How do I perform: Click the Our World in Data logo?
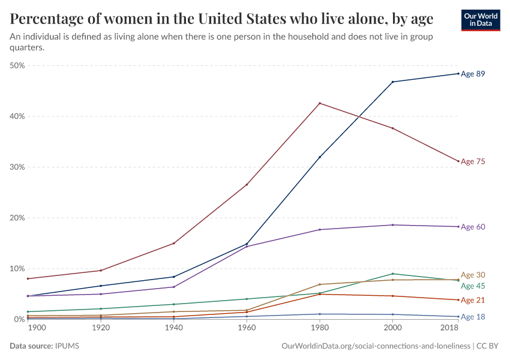[481, 20]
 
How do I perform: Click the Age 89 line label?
[473, 74]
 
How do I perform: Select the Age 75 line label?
[473, 161]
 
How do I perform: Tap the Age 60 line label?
[473, 227]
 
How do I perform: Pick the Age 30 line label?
[473, 275]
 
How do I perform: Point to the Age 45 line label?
[473, 286]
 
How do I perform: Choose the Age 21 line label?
[473, 300]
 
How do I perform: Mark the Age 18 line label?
[473, 317]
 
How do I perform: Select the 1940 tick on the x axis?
[173, 328]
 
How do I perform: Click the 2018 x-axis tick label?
[450, 328]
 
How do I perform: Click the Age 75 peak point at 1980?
[320, 103]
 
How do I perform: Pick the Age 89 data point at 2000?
[393, 82]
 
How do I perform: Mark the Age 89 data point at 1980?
[320, 157]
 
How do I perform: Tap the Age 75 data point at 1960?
[247, 184]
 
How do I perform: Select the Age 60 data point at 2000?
[393, 225]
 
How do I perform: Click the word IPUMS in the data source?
[68, 346]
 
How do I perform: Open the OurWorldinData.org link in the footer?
[376, 346]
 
